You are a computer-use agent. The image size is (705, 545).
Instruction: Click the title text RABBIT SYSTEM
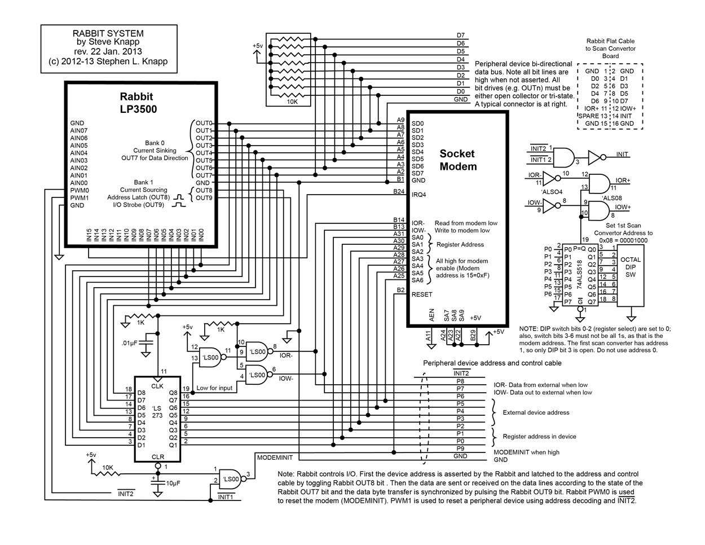(108, 33)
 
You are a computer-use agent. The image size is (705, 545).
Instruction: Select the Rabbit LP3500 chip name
(138, 103)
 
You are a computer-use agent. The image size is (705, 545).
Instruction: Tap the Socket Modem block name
(458, 160)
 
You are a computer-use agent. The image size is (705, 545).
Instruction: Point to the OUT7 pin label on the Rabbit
(204, 175)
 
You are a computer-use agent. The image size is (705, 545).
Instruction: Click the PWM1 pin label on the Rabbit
(80, 198)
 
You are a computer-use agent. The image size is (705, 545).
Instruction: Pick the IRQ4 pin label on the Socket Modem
(418, 195)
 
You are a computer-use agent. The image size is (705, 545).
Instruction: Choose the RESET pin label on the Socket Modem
(422, 295)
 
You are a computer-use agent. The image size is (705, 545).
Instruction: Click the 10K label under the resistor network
(292, 102)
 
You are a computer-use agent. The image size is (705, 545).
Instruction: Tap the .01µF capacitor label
(129, 343)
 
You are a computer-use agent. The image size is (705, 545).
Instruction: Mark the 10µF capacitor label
(173, 483)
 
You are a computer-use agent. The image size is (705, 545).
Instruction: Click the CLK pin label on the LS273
(157, 386)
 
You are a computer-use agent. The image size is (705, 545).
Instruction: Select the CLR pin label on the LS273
(158, 457)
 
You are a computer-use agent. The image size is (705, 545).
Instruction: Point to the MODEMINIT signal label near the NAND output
(275, 458)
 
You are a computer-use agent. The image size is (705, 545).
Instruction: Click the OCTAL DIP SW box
(631, 275)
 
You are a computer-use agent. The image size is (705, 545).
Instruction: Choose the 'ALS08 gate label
(612, 198)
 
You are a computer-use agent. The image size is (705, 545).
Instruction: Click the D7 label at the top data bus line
(461, 35)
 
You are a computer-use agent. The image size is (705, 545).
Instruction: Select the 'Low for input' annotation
(214, 388)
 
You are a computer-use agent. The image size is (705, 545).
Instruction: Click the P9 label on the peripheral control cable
(460, 449)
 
